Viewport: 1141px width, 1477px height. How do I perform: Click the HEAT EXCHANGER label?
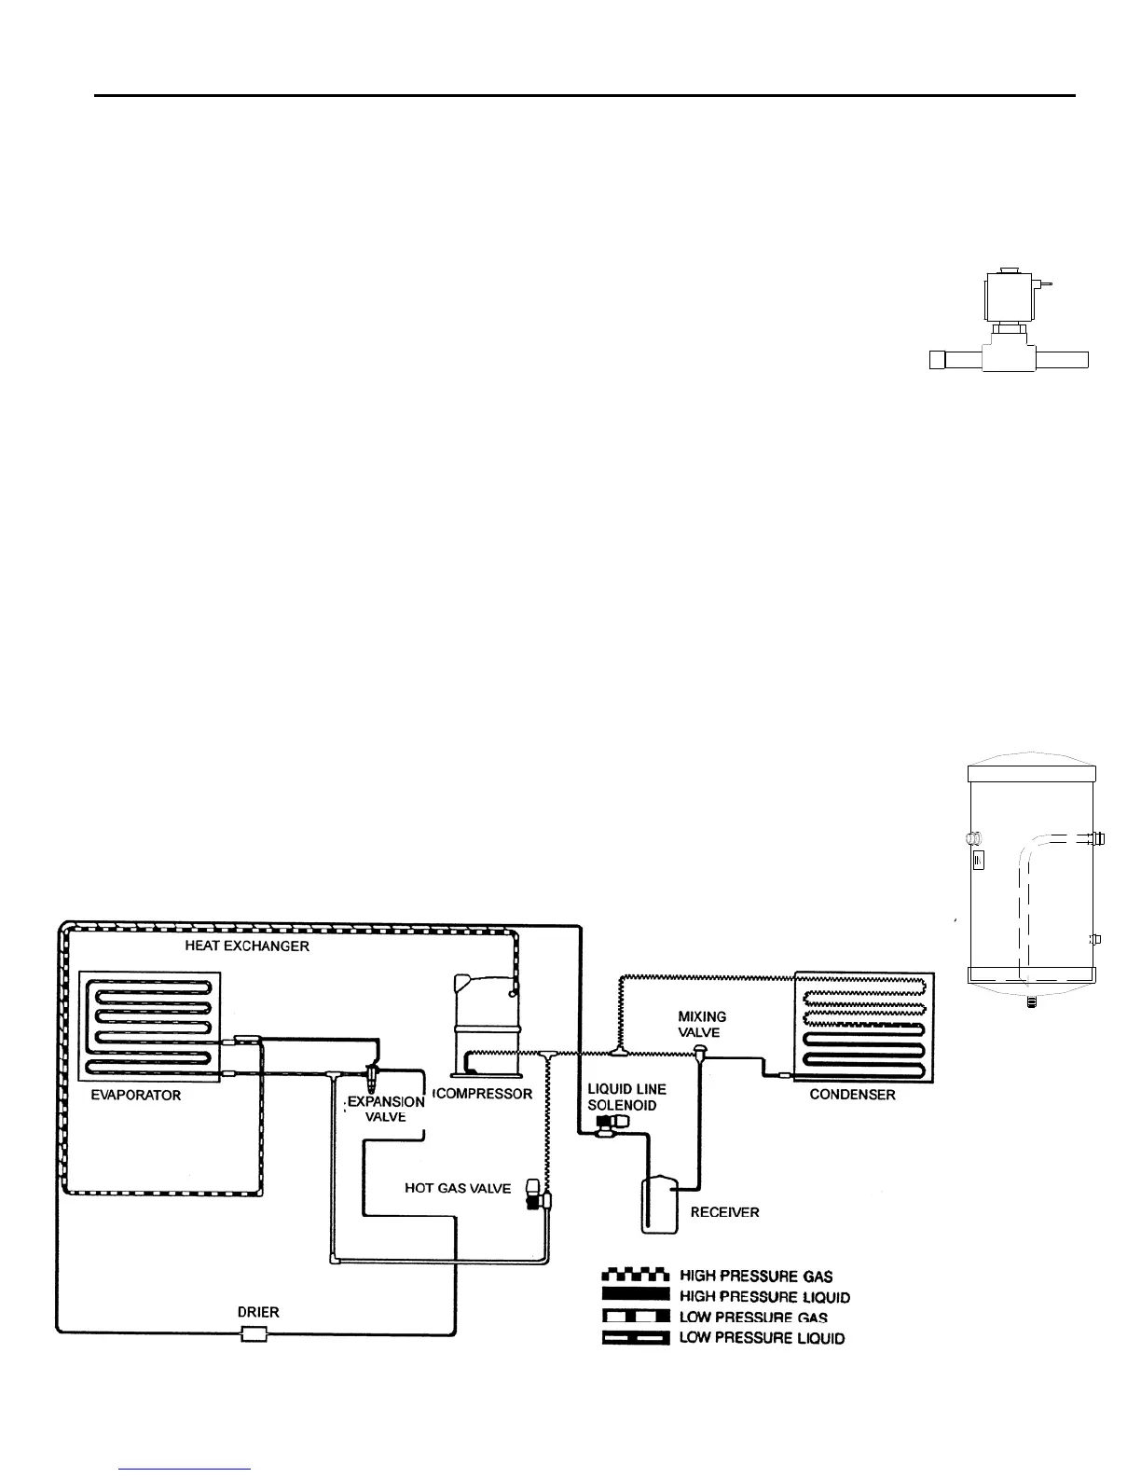coord(247,946)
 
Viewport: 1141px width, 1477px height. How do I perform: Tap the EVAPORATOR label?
coord(135,1096)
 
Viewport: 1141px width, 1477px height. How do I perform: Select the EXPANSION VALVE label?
coord(386,1109)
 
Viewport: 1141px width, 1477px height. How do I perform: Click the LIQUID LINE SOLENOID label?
coord(626,1097)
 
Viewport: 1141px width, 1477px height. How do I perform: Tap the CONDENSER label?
coord(852,1095)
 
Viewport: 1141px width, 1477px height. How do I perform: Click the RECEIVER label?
coord(724,1212)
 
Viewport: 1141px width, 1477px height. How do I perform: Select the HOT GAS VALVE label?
coord(458,1188)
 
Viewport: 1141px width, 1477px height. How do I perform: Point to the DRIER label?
coord(258,1311)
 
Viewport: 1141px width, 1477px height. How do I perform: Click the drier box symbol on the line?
coord(254,1334)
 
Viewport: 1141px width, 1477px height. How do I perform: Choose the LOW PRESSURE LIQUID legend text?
coord(763,1339)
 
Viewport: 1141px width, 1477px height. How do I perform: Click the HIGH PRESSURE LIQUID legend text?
coord(764,1297)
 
